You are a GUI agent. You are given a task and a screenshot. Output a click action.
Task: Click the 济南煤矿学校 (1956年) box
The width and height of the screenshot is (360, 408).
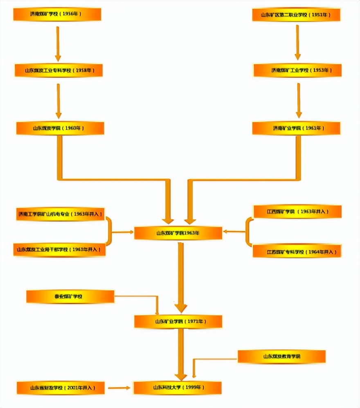tap(57, 14)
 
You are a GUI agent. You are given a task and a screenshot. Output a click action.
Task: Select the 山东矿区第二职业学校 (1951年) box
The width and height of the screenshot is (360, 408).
tap(296, 15)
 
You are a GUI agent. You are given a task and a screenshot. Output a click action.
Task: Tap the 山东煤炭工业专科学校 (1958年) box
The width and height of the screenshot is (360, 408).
tap(59, 70)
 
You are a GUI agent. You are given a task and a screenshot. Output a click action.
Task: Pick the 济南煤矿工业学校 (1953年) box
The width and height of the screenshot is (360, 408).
tap(297, 70)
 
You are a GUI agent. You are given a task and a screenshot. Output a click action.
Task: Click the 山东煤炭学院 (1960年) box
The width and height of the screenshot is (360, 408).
tap(60, 128)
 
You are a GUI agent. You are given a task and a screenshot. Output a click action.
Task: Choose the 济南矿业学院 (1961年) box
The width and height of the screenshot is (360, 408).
tap(296, 128)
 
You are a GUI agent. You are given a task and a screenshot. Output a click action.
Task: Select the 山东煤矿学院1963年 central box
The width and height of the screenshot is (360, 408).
tap(178, 233)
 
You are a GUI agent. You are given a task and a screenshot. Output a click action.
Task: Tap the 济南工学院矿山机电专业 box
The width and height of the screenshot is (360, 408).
tap(60, 214)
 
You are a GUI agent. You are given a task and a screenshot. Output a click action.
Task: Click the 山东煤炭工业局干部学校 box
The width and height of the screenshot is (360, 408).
tap(59, 249)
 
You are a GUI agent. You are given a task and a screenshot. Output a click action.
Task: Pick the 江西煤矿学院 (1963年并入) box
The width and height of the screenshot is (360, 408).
tap(297, 212)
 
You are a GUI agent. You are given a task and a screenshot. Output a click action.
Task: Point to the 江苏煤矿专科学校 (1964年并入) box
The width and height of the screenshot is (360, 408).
tap(297, 251)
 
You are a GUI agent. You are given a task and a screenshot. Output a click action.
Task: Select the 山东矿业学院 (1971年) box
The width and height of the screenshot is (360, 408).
tap(178, 322)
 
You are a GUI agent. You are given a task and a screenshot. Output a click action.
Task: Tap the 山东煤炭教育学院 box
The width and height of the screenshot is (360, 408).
tap(281, 356)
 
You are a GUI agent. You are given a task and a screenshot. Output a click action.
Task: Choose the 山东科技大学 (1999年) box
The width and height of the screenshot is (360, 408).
tap(178, 388)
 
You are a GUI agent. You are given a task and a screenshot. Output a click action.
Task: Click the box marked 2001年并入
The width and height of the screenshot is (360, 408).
tap(61, 388)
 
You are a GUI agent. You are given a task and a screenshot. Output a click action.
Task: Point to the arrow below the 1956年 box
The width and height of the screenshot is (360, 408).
tap(58, 43)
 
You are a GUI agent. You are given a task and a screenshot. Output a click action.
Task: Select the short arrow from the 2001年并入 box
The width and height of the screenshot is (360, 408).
tap(119, 388)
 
